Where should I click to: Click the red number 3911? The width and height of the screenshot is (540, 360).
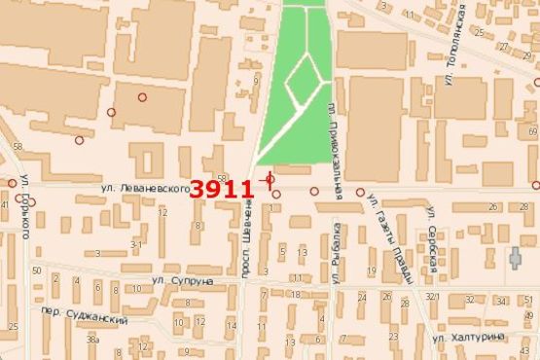[x=222, y=188]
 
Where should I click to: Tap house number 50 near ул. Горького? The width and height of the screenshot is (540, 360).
[x=37, y=270]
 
